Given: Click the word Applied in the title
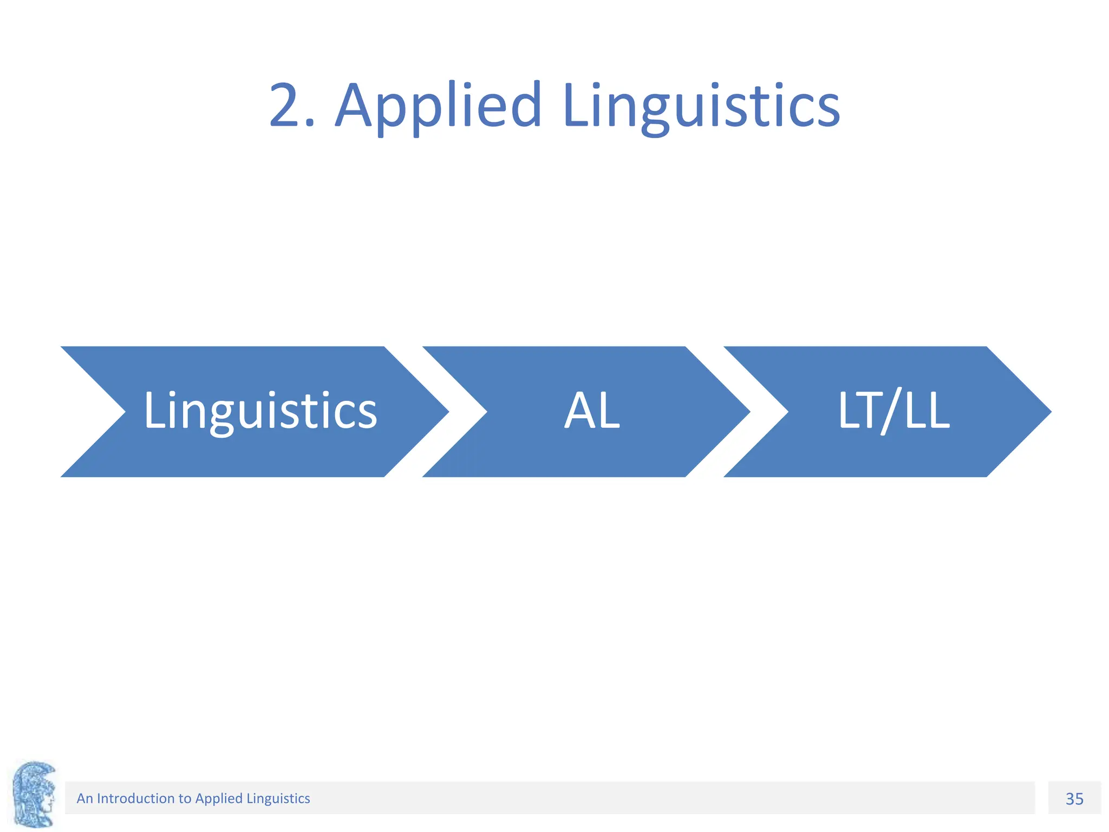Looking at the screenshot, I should coord(439,106).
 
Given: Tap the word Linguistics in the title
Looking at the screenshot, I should coord(701,106).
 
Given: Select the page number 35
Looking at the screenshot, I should coord(1074,799).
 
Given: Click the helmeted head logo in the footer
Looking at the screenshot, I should coord(34,794).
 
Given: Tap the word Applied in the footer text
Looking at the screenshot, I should coord(218,798).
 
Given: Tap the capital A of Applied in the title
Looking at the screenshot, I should coord(355,106).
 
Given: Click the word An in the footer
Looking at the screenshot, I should coord(84,798).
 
